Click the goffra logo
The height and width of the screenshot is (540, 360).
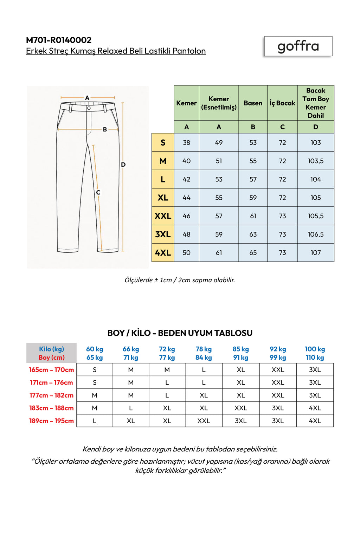point(298,46)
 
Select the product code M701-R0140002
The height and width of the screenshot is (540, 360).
point(59,40)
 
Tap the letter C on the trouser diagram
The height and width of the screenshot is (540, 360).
point(98,192)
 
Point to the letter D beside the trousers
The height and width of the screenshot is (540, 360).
point(123,164)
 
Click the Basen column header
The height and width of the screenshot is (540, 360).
point(253,103)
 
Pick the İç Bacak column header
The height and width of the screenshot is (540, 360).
point(282,103)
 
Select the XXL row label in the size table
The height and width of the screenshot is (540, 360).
point(163,216)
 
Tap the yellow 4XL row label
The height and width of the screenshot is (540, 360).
point(163,252)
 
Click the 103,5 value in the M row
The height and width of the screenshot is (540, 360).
point(315,161)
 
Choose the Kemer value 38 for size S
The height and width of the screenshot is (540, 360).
point(186,142)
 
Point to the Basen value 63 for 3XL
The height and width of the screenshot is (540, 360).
point(253,234)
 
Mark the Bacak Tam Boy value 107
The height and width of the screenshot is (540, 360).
point(315,252)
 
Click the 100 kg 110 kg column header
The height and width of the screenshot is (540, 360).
point(315,353)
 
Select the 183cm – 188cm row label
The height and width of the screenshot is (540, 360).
point(51,408)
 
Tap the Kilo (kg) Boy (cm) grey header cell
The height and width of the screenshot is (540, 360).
point(51,353)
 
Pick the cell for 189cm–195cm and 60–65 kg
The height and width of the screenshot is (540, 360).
point(95,420)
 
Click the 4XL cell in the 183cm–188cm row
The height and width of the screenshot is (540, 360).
point(315,408)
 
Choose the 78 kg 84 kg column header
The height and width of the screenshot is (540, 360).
point(204,353)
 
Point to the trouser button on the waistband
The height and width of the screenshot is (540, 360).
point(89,108)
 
